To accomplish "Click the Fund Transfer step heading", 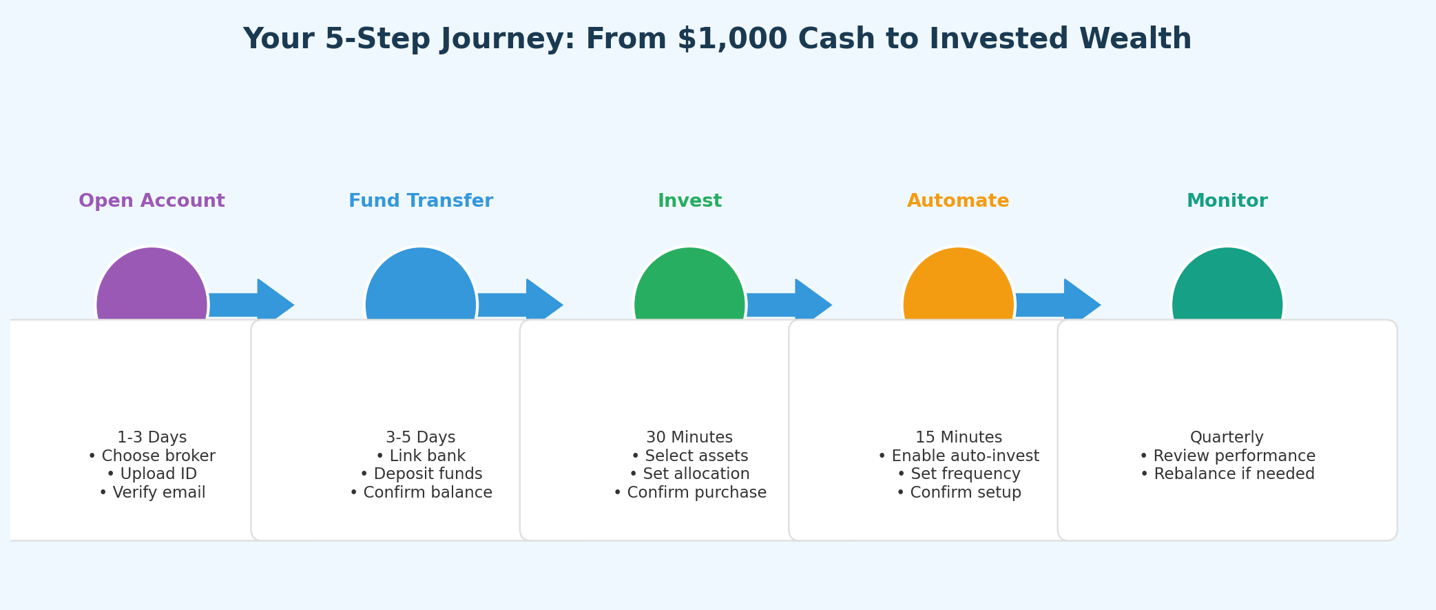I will (421, 201).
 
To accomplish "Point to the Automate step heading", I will (958, 201).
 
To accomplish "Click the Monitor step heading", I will (1227, 201).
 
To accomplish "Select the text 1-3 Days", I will (152, 438).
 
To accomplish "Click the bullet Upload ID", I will (152, 474).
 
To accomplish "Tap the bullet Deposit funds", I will (421, 474).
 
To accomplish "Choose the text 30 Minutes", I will (689, 438).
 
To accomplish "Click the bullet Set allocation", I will (689, 474).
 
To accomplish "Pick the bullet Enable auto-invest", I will (958, 456).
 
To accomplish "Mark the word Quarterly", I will (1227, 438).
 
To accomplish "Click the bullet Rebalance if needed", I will (1227, 474).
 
